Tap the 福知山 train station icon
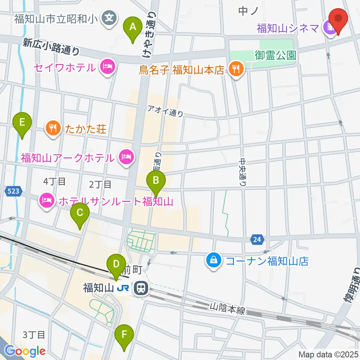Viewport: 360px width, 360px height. click(141, 288)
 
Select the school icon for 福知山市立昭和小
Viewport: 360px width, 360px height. click(109, 17)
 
